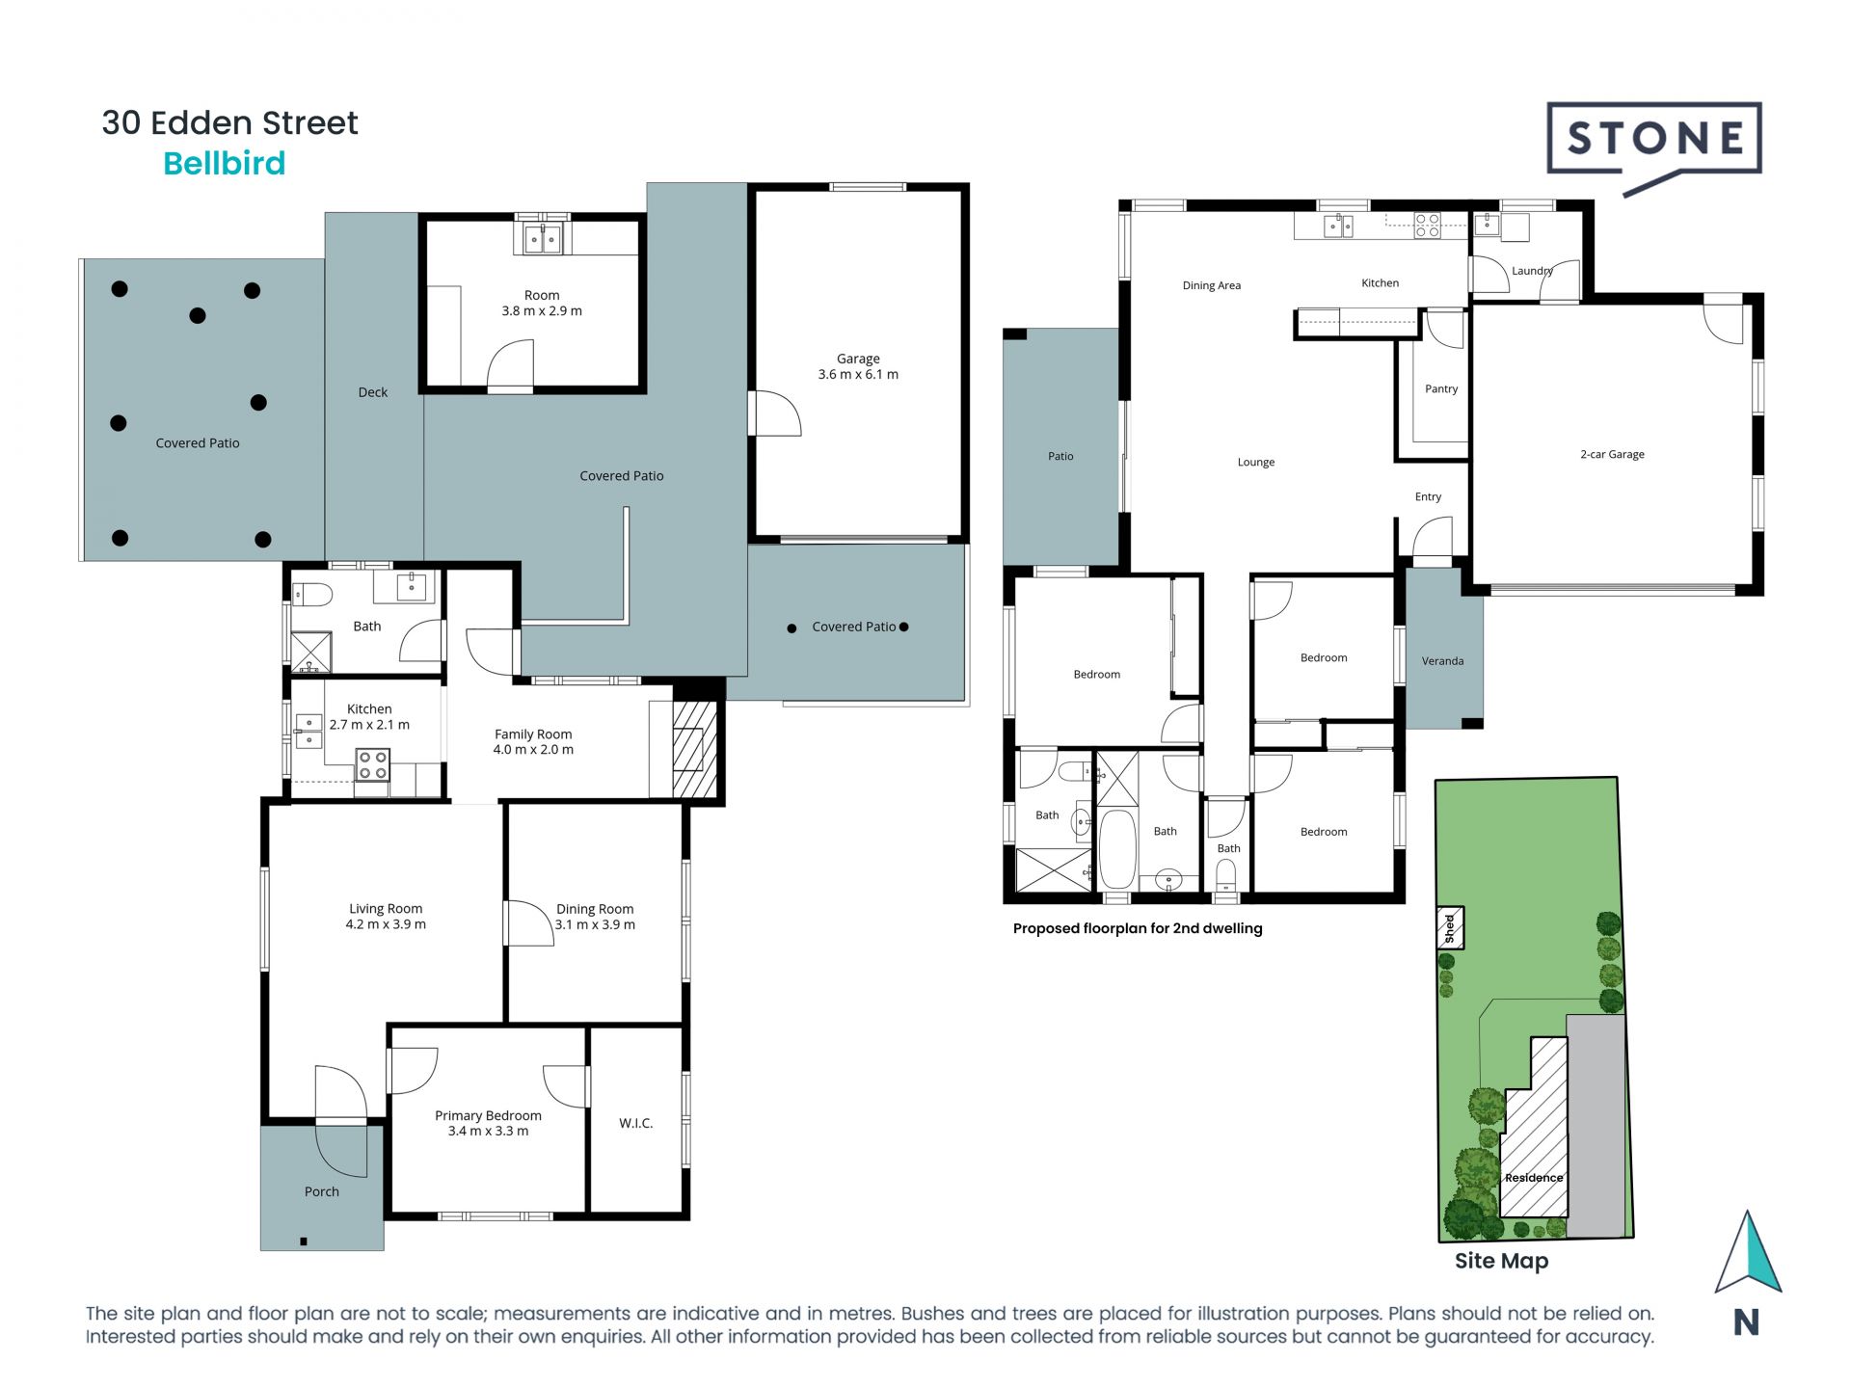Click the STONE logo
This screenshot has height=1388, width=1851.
coord(1654,147)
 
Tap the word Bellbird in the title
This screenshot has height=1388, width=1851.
coord(225,164)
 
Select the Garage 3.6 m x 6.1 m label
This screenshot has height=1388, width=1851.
coord(858,366)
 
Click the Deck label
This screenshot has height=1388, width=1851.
coord(373,392)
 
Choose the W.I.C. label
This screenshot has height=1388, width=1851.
coord(636,1123)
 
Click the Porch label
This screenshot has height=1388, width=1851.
coord(322,1192)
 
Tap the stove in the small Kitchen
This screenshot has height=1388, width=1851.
coord(372,765)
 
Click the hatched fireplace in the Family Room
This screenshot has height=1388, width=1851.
coord(695,748)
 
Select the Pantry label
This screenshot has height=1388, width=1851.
coord(1441,389)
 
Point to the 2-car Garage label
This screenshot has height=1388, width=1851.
coord(1612,454)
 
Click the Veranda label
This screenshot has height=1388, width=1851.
coord(1442,661)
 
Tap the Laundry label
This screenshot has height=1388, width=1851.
coord(1532,271)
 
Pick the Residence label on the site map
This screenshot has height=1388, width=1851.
coord(1534,1178)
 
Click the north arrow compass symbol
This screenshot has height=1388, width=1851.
coord(1747,1253)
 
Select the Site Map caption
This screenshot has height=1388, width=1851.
coord(1501,1261)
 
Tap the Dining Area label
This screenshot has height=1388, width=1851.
coord(1212,285)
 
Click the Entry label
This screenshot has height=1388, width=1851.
coord(1428,497)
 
